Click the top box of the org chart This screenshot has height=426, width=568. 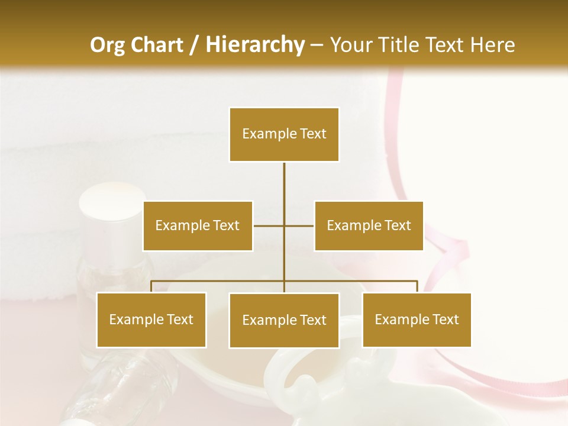284,134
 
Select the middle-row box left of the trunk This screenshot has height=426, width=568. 198,225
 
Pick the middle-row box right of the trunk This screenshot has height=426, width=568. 369,225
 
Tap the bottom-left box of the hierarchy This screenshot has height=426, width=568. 151,319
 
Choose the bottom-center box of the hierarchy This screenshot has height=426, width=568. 284,320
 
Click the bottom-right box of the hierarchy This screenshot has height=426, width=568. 417,319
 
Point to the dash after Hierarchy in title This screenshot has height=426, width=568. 317,45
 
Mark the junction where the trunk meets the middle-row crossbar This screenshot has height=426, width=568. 284,225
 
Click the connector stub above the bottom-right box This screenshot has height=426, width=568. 417,286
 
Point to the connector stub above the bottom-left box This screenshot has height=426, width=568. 151,286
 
